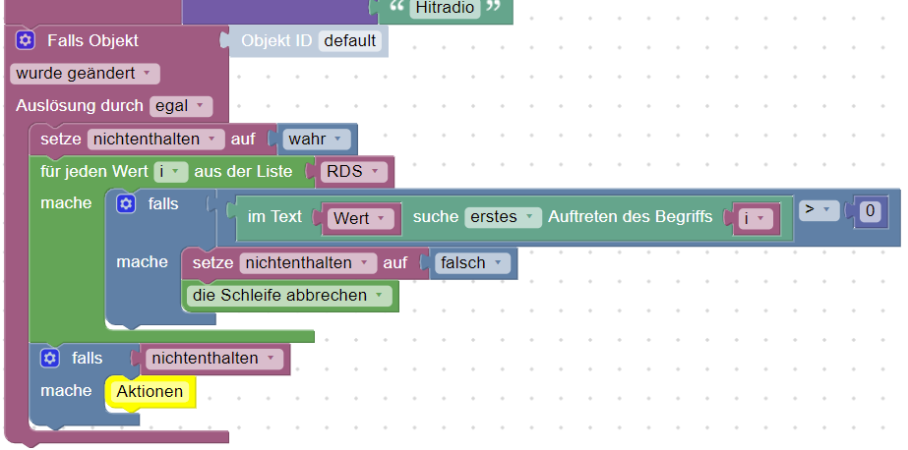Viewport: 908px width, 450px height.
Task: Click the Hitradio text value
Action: pyautogui.click(x=445, y=8)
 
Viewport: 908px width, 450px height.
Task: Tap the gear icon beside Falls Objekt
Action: pyautogui.click(x=25, y=40)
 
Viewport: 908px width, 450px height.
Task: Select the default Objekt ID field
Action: pyautogui.click(x=350, y=41)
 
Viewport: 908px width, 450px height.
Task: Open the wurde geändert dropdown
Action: pyautogui.click(x=85, y=74)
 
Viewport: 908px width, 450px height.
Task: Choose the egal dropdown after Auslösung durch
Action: pyautogui.click(x=181, y=106)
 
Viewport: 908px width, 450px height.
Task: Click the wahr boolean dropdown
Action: pyautogui.click(x=316, y=140)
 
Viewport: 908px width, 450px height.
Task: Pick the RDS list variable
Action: pyautogui.click(x=353, y=172)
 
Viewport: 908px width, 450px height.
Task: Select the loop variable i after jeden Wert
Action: pyautogui.click(x=171, y=172)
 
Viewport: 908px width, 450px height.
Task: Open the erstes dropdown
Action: pyautogui.click(x=503, y=217)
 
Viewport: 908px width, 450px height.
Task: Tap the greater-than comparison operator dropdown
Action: pyautogui.click(x=818, y=210)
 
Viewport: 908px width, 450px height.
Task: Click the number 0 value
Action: pyautogui.click(x=870, y=211)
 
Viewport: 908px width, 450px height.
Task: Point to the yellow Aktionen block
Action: pyautogui.click(x=150, y=392)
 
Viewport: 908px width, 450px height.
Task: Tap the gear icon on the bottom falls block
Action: pyautogui.click(x=50, y=359)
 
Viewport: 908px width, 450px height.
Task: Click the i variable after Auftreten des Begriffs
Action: pyautogui.click(x=756, y=219)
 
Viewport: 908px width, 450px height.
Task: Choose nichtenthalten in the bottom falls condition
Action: pyautogui.click(x=213, y=359)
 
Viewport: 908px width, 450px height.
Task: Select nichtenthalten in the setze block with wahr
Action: pyautogui.click(x=155, y=140)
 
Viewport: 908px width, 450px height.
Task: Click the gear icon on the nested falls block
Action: pyautogui.click(x=126, y=203)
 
